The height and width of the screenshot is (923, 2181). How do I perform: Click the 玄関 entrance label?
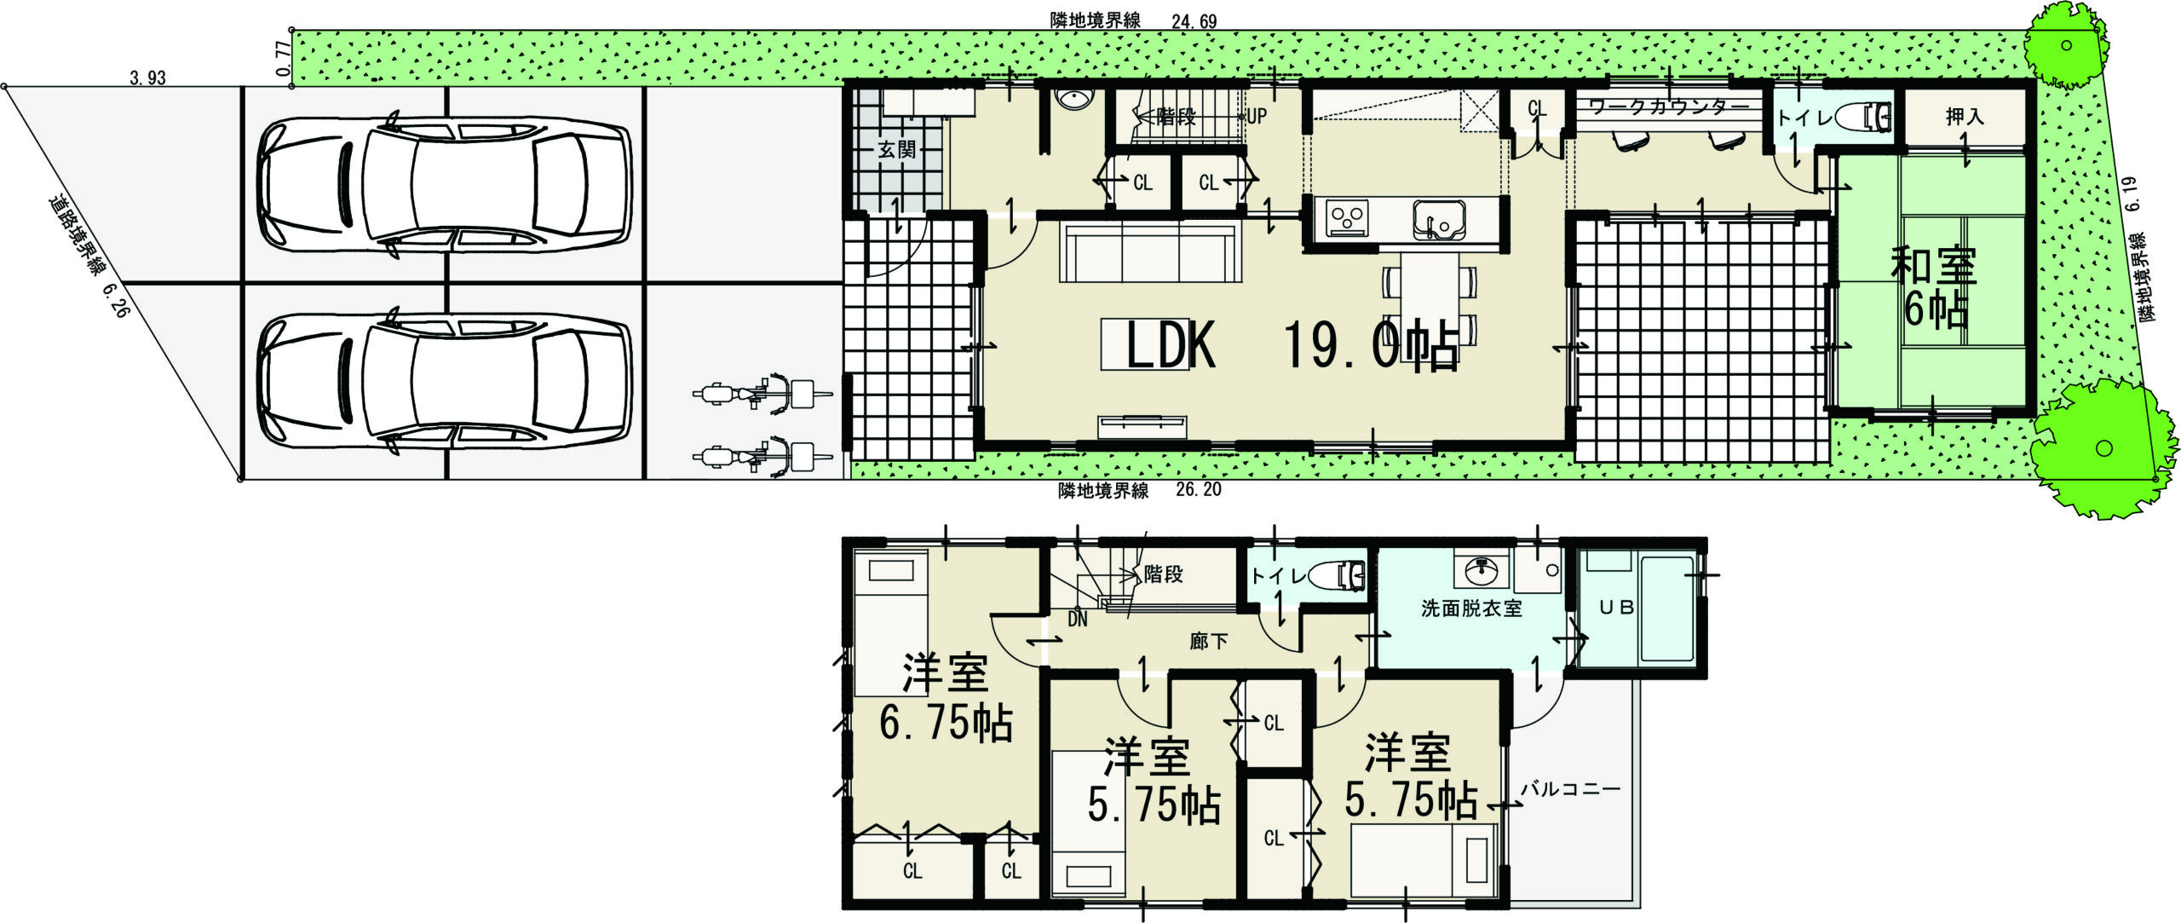click(x=896, y=150)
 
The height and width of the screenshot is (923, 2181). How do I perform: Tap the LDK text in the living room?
click(x=1171, y=345)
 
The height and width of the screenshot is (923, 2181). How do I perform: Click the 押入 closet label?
click(x=1965, y=117)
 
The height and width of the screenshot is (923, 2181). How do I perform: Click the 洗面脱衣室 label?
click(x=1470, y=609)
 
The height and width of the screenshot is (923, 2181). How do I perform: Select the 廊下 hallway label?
click(x=1208, y=642)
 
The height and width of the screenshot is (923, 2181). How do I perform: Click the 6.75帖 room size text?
click(x=946, y=724)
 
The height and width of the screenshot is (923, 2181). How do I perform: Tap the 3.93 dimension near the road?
click(x=147, y=78)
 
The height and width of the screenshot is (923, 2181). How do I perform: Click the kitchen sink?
click(x=1438, y=221)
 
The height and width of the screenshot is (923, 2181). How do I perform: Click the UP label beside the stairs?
click(x=1257, y=117)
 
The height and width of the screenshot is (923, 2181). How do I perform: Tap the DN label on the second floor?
click(x=1078, y=620)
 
